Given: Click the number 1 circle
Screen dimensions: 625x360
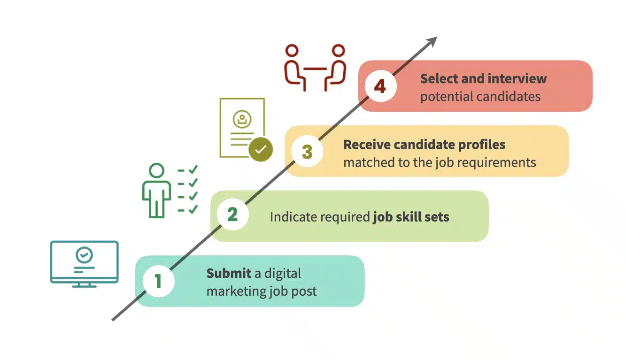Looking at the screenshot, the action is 159,281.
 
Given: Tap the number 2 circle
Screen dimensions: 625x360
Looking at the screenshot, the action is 233,214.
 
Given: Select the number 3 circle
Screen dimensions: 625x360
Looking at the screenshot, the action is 307,152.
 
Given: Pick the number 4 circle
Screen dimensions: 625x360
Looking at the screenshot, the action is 380,86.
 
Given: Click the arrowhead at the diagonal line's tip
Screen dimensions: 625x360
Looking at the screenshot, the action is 432,41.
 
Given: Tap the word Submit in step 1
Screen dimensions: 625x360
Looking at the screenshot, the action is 229,274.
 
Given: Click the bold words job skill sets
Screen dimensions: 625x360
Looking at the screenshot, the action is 411,217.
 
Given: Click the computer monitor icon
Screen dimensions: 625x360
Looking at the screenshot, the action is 84,264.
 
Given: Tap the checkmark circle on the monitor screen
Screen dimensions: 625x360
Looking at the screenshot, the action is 84,255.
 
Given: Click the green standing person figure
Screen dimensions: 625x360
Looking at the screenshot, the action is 156,191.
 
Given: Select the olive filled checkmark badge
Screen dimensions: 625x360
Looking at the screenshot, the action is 261,149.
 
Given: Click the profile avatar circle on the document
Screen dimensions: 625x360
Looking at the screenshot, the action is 242,119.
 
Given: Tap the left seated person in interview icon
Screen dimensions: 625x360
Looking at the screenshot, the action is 294,68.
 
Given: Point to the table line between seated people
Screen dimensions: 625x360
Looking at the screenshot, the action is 315,69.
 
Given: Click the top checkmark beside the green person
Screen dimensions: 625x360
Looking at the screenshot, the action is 193,169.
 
